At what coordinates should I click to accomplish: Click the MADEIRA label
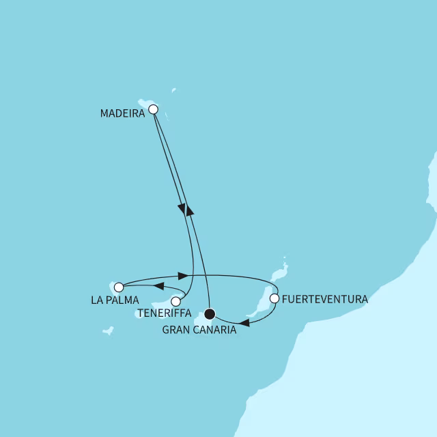click(122, 114)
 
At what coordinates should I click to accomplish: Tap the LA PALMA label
click(114, 300)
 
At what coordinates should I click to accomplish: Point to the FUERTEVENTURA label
click(324, 299)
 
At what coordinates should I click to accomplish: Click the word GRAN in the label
click(178, 330)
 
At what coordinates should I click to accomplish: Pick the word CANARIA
click(215, 330)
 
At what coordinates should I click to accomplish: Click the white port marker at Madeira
click(153, 109)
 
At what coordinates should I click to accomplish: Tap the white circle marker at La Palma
click(119, 287)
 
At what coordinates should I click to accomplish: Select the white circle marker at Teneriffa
click(176, 301)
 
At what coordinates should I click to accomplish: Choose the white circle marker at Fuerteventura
click(274, 298)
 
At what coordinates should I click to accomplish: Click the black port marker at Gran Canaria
click(210, 314)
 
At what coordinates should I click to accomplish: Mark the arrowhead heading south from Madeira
click(182, 210)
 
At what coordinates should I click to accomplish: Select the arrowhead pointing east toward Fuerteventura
click(182, 275)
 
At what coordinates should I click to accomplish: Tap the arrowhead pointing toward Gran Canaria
click(244, 324)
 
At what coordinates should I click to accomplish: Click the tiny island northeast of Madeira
click(173, 89)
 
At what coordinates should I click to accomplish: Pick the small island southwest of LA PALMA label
click(107, 331)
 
